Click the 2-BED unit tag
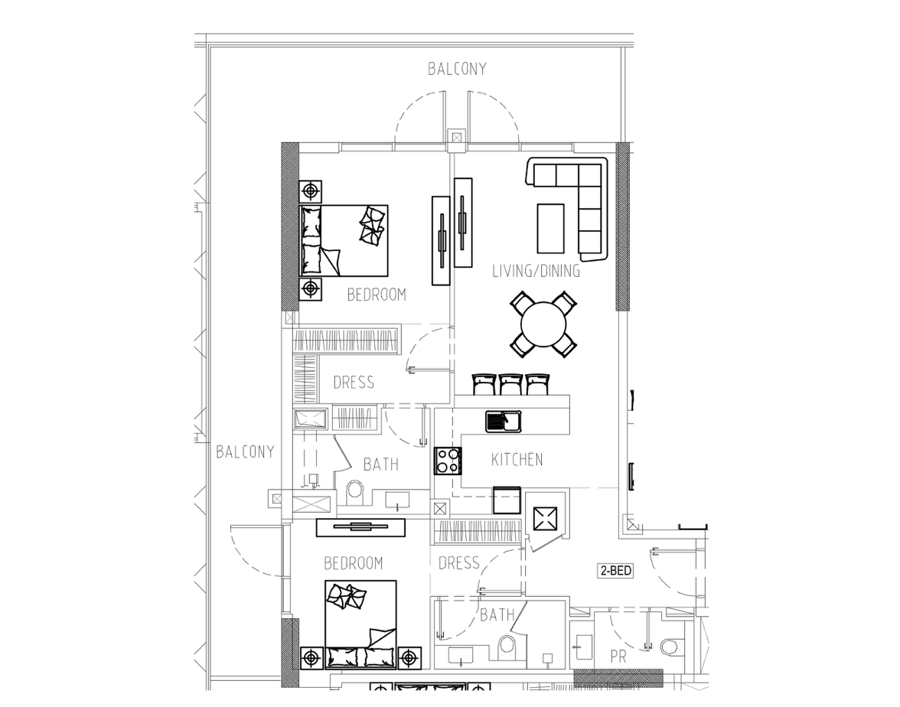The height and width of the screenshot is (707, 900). [x=616, y=571]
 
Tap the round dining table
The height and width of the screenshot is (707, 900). [x=543, y=324]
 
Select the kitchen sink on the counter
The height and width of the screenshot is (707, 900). [x=504, y=421]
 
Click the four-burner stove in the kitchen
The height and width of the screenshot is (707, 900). [x=448, y=461]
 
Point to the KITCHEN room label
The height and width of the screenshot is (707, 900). [x=517, y=459]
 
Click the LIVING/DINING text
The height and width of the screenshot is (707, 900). [x=536, y=271]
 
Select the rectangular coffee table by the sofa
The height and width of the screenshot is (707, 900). [x=550, y=228]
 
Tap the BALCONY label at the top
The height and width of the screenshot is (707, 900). [x=457, y=69]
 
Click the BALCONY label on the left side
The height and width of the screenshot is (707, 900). [x=245, y=451]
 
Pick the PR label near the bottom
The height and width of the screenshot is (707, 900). [x=618, y=656]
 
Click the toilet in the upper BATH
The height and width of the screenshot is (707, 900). [x=355, y=493]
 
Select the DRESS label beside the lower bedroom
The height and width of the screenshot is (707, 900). [x=458, y=563]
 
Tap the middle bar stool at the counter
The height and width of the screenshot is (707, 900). [x=510, y=384]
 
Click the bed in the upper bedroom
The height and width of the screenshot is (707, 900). [x=344, y=240]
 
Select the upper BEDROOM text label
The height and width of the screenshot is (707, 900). [x=377, y=295]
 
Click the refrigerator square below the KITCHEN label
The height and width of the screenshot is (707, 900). [x=507, y=500]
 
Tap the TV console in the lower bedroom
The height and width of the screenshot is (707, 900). [x=361, y=527]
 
